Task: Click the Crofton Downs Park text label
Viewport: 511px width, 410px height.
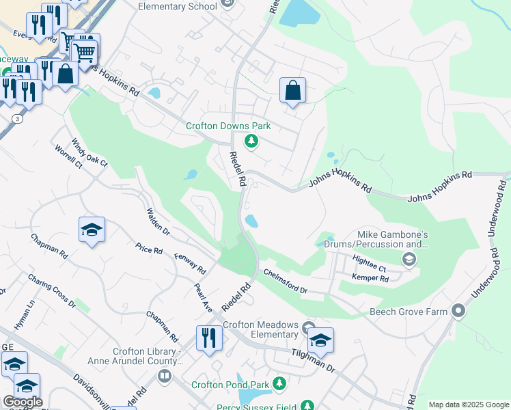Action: point(228,126)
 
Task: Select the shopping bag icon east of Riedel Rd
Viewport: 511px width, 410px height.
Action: point(292,91)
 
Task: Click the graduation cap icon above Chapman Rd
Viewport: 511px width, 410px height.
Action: point(92,230)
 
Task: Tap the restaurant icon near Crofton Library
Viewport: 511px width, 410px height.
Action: point(209,339)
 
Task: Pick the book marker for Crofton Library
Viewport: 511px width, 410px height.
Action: point(164,375)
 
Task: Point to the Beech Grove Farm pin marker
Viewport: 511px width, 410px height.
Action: point(458,312)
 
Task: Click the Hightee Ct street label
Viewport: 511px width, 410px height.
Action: point(369,260)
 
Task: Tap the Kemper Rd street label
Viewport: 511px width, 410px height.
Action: point(370,278)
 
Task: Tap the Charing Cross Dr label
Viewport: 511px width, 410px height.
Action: point(51,290)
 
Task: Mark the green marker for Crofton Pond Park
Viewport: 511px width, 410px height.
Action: point(279,384)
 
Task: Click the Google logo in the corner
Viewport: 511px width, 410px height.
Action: point(22,402)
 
